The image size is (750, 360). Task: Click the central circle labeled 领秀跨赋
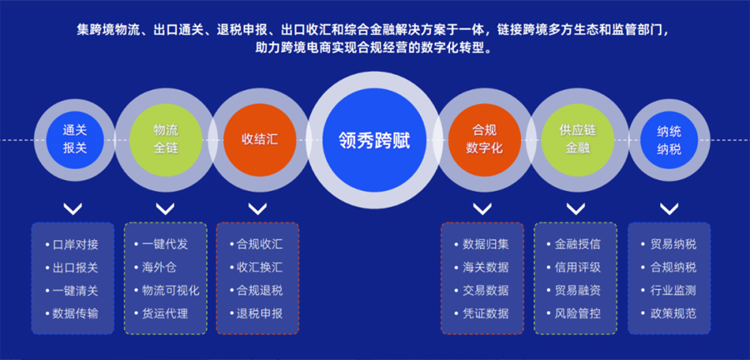point(374,140)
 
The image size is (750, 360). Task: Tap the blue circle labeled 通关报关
point(75,140)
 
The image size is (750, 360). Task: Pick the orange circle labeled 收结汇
point(260,140)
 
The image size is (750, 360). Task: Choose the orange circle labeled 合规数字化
point(484,140)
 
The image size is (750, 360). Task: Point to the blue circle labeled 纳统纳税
point(669,140)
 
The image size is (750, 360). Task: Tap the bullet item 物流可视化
point(167,290)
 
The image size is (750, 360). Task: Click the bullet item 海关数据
point(482,267)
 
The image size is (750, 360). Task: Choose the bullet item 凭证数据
point(482,313)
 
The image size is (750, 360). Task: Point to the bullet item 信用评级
point(574,267)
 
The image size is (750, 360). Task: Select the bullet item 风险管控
point(574,313)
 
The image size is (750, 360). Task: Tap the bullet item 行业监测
point(668,290)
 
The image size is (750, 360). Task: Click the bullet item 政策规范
point(668,313)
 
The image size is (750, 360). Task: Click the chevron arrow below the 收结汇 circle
point(257,209)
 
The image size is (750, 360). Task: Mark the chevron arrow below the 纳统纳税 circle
point(669,209)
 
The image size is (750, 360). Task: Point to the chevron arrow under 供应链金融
point(575,209)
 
